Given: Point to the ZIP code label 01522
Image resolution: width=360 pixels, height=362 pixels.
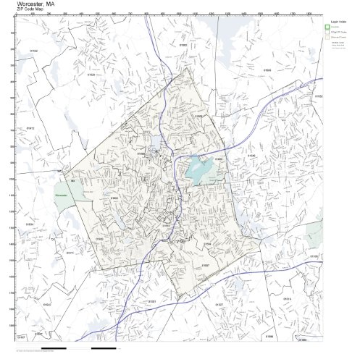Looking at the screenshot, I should (x=34, y=50).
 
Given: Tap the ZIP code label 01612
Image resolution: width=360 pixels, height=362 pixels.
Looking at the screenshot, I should (x=30, y=127).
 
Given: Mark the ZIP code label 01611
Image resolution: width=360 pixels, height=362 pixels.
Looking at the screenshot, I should (x=70, y=252).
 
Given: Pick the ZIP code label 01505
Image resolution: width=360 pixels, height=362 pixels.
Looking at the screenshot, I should (x=267, y=70).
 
